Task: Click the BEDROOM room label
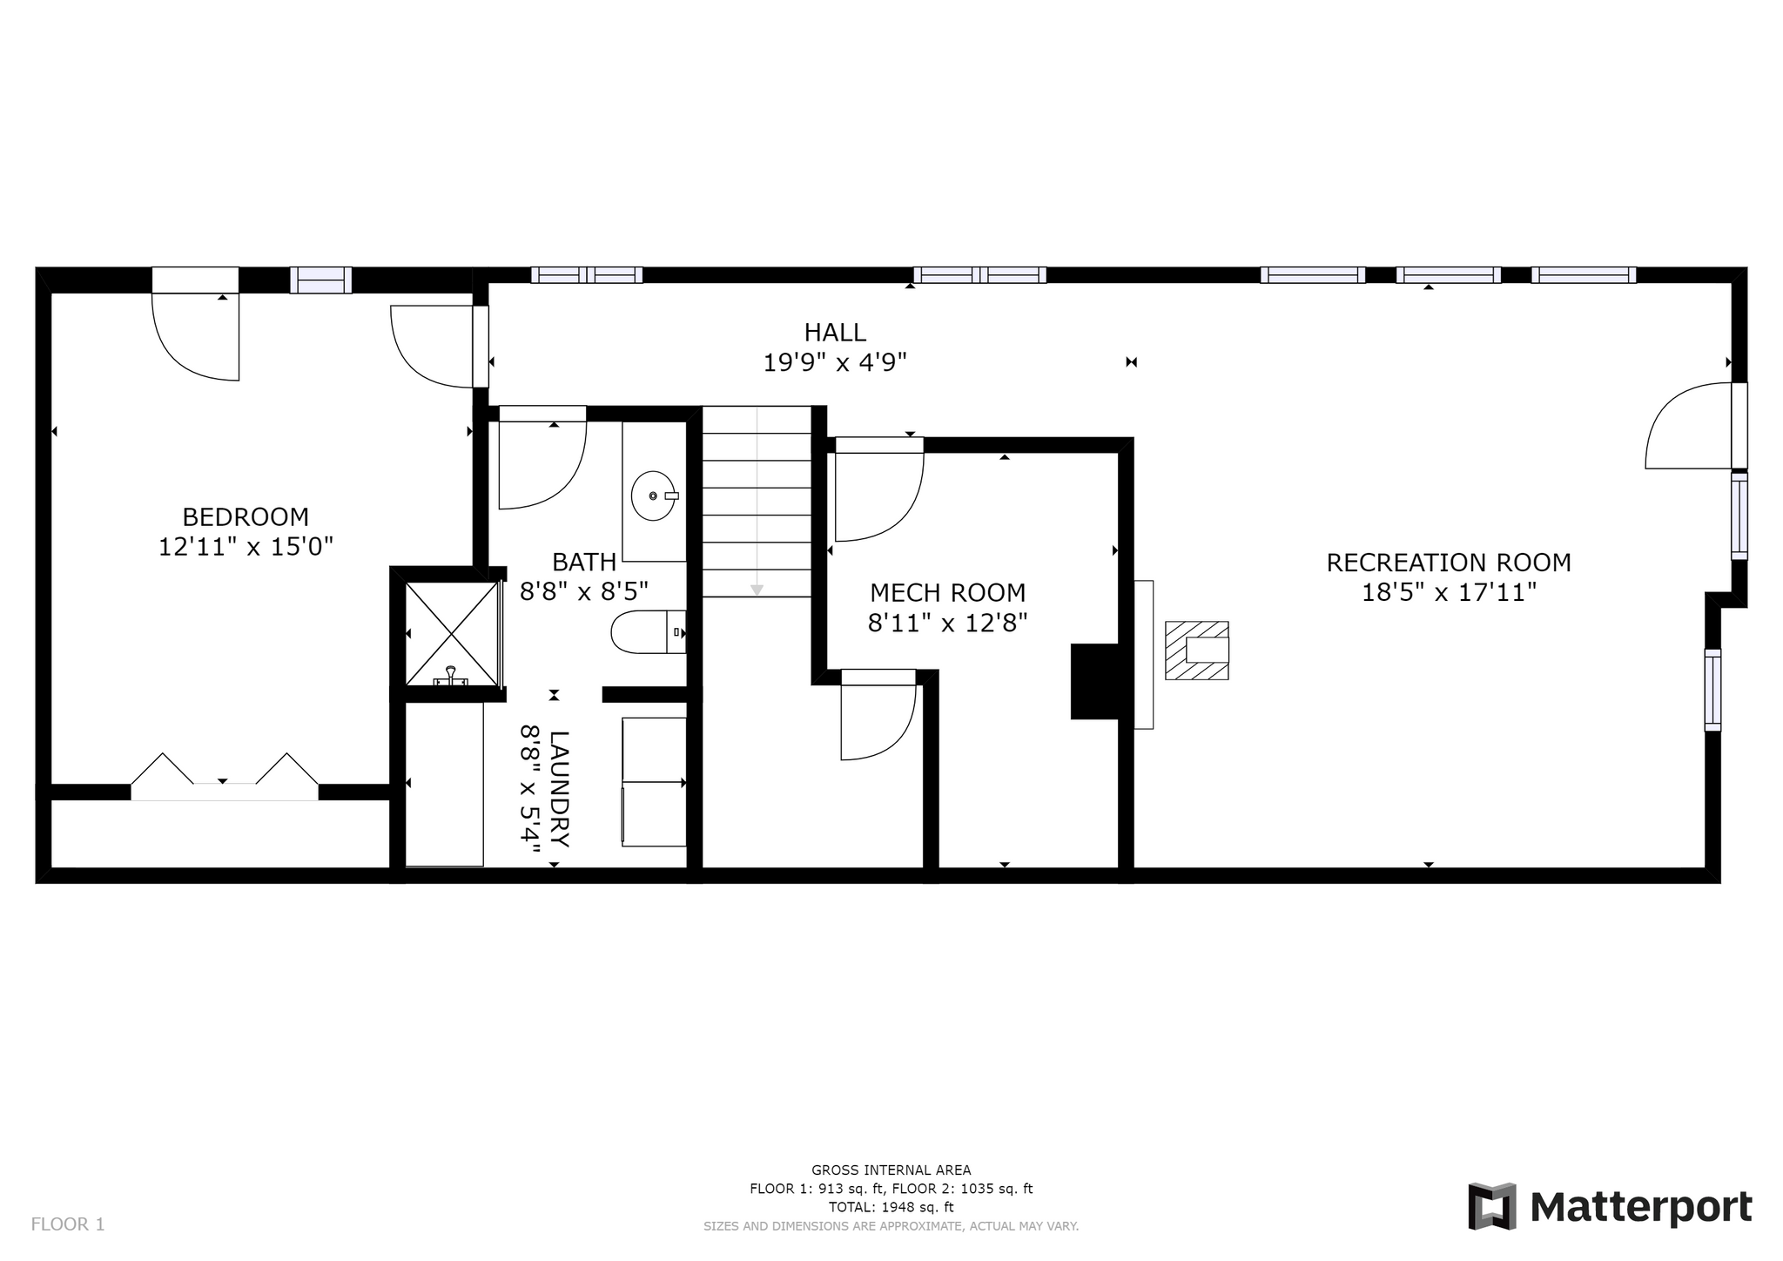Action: (x=246, y=517)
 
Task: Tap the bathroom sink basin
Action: (x=654, y=496)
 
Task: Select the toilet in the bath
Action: (x=649, y=632)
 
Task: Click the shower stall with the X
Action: (x=453, y=633)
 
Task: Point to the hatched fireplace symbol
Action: (x=1197, y=651)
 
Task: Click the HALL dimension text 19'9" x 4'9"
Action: (x=836, y=362)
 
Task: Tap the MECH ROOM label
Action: (x=948, y=593)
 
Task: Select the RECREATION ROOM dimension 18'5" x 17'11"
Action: (x=1449, y=593)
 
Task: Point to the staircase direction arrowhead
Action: (x=757, y=590)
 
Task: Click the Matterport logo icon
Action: (x=1492, y=1206)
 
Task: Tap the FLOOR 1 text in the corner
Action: (x=68, y=1224)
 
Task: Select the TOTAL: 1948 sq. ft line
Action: (x=891, y=1207)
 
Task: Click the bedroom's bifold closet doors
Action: (x=225, y=777)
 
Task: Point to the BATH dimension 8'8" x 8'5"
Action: (x=584, y=593)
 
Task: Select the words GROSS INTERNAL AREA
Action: (x=891, y=1170)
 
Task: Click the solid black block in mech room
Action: (x=1094, y=681)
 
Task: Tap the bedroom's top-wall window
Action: (x=320, y=280)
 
